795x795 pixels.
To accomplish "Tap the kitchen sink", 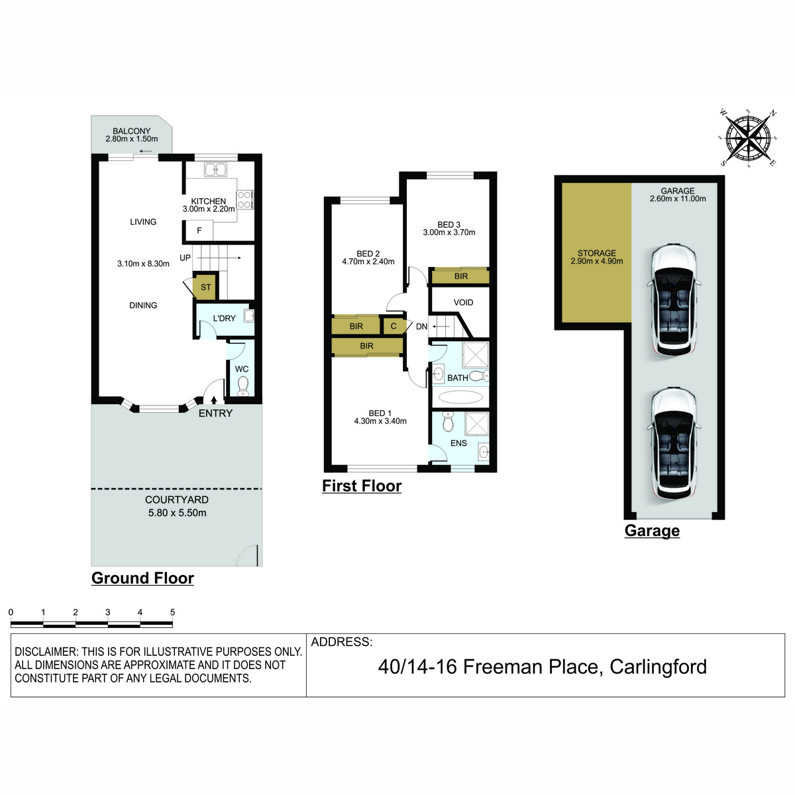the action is point(215,169).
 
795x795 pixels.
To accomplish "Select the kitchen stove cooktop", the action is point(244,199).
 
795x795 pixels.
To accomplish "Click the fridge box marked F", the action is point(199,230).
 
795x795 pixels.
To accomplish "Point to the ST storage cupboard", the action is point(205,287).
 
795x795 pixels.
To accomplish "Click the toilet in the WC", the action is point(243,386).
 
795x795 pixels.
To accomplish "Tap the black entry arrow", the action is point(214,399).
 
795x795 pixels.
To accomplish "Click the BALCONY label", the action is point(132,131).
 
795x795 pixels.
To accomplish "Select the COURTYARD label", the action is point(177,500).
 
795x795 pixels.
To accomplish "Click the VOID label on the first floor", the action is point(463,302).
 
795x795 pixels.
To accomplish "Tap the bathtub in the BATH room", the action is point(460,397).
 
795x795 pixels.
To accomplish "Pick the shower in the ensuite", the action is point(476,423).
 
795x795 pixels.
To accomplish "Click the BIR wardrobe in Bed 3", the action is point(460,276).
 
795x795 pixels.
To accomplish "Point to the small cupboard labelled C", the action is point(394,327).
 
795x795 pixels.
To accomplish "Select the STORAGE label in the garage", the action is point(596,253).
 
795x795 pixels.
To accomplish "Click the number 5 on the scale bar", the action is point(172,612).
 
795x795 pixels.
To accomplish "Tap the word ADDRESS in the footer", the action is point(342,642).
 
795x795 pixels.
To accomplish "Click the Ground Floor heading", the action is point(142,578).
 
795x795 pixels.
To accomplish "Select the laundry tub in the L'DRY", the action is point(248,316).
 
